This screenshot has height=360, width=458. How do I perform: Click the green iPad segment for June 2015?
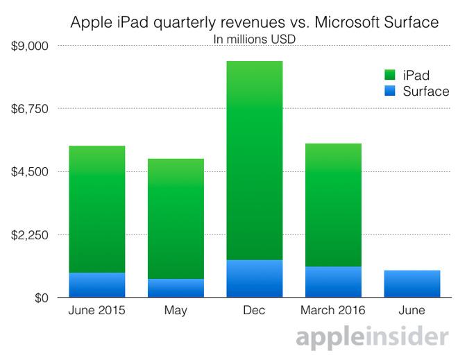click(97, 209)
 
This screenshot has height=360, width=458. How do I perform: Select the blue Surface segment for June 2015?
click(97, 284)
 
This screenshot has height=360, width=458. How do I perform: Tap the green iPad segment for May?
click(176, 218)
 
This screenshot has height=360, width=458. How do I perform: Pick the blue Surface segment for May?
click(176, 288)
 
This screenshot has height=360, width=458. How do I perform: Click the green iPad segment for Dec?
click(254, 160)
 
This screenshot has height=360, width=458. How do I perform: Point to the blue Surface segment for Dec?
click(254, 278)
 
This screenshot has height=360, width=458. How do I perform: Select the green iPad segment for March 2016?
click(333, 205)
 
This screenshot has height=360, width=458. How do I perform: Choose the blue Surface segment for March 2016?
click(333, 282)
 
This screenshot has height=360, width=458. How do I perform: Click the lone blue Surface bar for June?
click(412, 284)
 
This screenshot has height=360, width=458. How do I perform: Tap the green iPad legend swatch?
click(389, 75)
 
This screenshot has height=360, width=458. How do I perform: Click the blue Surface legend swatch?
click(389, 92)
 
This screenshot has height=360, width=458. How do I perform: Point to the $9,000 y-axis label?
click(28, 46)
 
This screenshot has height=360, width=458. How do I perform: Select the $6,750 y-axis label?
click(28, 109)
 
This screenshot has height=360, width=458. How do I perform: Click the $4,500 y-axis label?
click(28, 172)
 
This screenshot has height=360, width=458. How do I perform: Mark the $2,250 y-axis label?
click(28, 235)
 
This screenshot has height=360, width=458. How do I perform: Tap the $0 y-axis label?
click(37, 298)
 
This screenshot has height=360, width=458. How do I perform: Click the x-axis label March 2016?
click(333, 311)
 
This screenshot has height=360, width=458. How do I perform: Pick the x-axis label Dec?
click(254, 311)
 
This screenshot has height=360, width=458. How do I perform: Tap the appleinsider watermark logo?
click(371, 338)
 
